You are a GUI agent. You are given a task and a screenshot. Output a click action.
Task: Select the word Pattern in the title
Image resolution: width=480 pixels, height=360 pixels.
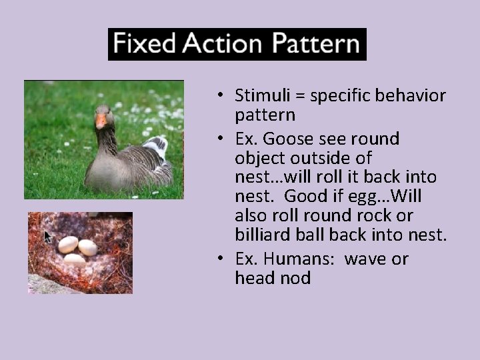[x=314, y=45]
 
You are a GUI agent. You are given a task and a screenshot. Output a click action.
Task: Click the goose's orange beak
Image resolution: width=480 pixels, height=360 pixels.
[x=101, y=121]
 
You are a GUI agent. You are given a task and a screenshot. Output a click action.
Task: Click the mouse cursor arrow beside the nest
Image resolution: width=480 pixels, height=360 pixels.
[x=48, y=237]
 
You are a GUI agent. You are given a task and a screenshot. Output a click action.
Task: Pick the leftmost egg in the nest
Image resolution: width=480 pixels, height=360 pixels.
[x=68, y=244]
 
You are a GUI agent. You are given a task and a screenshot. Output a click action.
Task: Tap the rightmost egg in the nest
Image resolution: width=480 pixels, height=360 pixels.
[x=87, y=247]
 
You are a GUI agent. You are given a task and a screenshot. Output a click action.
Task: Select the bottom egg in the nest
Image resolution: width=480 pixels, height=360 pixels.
[x=75, y=259]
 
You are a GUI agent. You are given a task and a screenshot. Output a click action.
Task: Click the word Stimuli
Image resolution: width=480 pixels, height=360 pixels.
[x=260, y=96]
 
